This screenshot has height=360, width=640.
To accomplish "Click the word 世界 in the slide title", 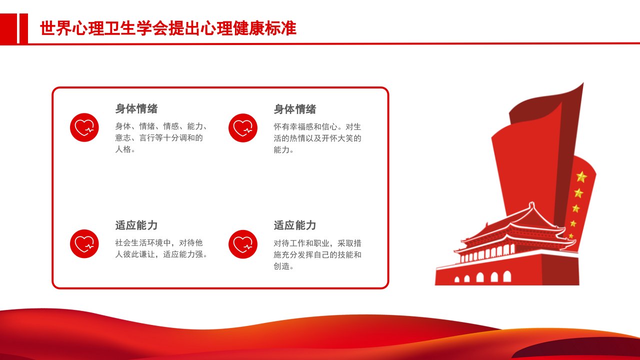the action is [55, 28].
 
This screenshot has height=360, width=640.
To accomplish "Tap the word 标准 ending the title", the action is [280, 28].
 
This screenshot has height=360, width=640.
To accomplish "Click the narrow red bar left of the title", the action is [23, 28].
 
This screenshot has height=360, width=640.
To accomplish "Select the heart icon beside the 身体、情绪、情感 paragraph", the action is [84, 127].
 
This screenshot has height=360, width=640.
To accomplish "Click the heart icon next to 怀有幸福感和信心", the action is [243, 128].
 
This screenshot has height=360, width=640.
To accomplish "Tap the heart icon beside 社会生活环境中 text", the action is [84, 243].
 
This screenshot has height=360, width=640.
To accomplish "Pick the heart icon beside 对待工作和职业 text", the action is [243, 244].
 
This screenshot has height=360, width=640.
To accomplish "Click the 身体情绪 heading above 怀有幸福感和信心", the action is [295, 109].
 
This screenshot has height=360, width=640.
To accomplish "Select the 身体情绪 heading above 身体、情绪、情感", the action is [136, 108].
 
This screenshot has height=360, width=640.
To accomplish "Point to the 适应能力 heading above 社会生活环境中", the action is [136, 225].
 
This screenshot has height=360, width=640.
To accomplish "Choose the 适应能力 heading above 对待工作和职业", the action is [295, 225].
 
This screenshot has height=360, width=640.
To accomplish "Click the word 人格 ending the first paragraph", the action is [123, 149].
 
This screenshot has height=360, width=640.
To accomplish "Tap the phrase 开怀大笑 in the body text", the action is [337, 138].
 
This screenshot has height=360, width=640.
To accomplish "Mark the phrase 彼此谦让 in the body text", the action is [139, 254].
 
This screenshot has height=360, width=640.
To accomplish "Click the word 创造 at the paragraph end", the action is [281, 266].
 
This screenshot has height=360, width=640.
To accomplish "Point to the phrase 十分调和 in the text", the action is [179, 137].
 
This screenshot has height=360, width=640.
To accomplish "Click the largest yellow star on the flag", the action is [581, 177].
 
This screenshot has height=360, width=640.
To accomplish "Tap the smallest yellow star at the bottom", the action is [571, 235].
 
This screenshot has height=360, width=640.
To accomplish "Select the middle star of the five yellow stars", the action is [576, 208].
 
